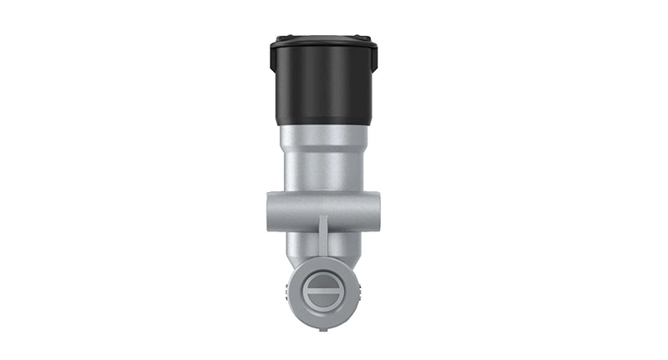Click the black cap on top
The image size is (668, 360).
click(324, 79)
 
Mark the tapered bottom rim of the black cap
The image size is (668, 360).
click(323, 118)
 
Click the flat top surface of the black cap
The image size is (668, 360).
click(323, 38)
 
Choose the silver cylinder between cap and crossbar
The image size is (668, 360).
click(323, 163)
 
